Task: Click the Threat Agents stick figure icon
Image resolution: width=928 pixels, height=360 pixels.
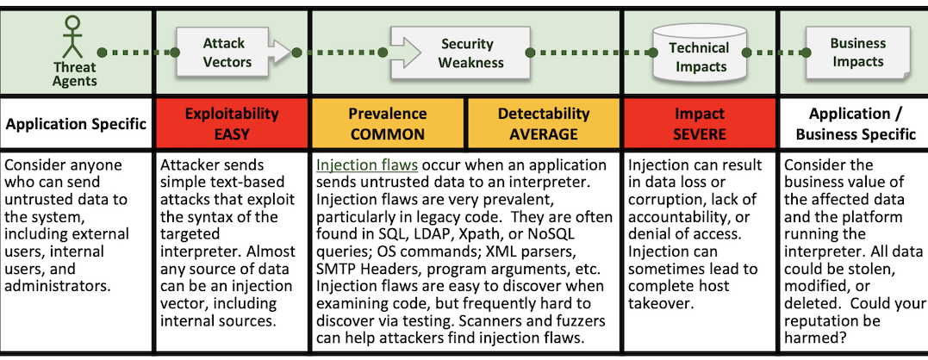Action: point(72,37)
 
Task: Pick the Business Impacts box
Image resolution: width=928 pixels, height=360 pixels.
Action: point(856,52)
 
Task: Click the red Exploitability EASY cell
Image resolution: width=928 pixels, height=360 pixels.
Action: point(232,123)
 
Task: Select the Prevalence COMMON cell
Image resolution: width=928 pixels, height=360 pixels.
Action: point(388,123)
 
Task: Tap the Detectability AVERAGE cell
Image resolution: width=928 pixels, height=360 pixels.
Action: point(544,123)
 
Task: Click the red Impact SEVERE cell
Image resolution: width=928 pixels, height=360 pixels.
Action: point(700,123)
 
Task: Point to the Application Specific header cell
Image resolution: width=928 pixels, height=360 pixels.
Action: point(76,123)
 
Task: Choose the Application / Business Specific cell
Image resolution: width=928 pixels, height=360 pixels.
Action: point(856,123)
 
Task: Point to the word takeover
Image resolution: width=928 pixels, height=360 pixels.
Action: point(658,304)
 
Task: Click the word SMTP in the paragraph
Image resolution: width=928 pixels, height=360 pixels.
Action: point(333,269)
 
